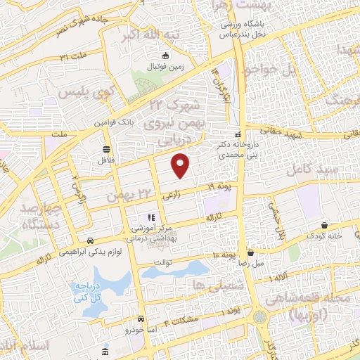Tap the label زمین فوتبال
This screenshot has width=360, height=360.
pos(163,67)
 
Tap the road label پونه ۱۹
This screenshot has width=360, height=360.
pos(219,186)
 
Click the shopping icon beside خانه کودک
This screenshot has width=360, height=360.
pos(324,225)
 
